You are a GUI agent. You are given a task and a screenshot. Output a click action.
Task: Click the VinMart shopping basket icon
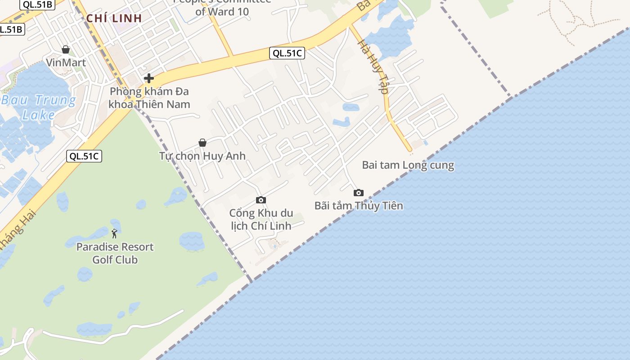pyautogui.click(x=66, y=49)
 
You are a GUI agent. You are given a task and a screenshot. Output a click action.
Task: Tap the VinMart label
pyautogui.click(x=66, y=63)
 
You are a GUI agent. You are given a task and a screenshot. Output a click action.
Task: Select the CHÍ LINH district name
pyautogui.click(x=114, y=18)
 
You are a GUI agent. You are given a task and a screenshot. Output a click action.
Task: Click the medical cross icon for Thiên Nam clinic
pyautogui.click(x=148, y=79)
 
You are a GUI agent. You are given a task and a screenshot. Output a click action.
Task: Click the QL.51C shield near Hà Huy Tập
pyautogui.click(x=287, y=53)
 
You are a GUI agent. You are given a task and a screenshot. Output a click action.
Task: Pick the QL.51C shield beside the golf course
pyautogui.click(x=84, y=156)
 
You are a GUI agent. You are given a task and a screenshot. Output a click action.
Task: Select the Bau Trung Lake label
pyautogui.click(x=38, y=107)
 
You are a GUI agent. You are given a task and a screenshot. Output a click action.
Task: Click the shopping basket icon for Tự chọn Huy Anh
pyautogui.click(x=202, y=143)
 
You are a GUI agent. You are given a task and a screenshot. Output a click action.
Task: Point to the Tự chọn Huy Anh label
pyautogui.click(x=202, y=156)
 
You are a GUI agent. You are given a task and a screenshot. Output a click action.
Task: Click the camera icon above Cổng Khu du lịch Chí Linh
pyautogui.click(x=261, y=200)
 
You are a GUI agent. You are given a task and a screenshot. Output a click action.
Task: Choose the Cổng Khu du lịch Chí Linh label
pyautogui.click(x=261, y=219)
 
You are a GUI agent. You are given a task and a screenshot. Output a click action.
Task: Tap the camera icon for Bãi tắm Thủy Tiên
pyautogui.click(x=358, y=193)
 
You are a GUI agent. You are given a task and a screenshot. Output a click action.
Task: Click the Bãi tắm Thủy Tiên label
pyautogui.click(x=358, y=206)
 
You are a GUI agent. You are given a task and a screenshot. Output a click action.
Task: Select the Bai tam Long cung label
pyautogui.click(x=408, y=165)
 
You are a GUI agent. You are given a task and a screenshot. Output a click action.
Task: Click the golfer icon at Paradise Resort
pyautogui.click(x=115, y=234)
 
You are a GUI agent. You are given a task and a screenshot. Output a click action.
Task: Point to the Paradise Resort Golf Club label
pyautogui.click(x=115, y=253)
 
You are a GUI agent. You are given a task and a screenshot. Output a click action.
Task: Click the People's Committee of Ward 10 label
pyautogui.click(x=222, y=7)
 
